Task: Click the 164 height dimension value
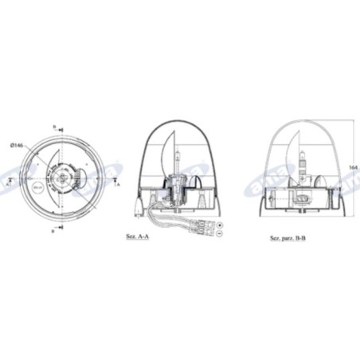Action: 354,166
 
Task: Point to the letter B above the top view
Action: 54,127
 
